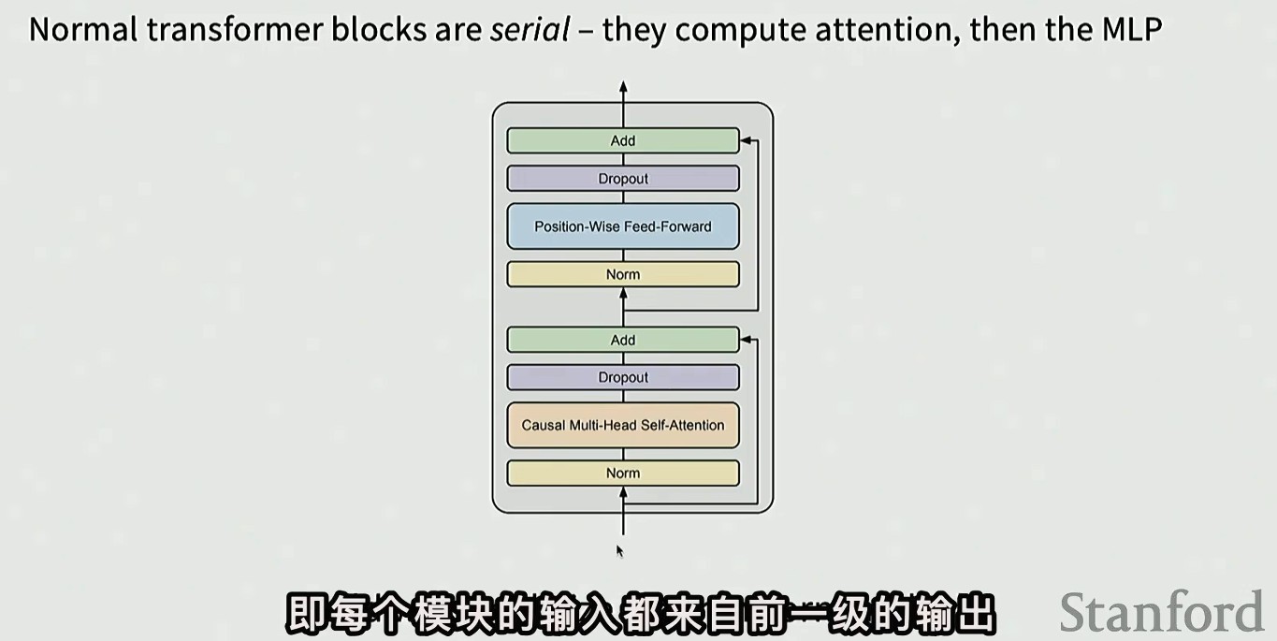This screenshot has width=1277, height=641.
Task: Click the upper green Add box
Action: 623,140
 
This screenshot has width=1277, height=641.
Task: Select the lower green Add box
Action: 623,340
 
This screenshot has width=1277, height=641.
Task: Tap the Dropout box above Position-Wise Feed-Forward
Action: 623,179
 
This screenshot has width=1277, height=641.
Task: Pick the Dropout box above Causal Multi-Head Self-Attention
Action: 623,377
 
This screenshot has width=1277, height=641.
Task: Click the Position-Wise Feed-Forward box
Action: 623,226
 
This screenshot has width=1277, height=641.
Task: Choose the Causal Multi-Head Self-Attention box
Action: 623,425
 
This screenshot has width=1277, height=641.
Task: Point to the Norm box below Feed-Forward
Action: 623,274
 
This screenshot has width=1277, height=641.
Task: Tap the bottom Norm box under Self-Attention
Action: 623,473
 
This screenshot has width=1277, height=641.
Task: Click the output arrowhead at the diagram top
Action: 623,87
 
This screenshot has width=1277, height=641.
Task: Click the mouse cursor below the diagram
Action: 619,550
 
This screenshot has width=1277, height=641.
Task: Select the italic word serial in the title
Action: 530,30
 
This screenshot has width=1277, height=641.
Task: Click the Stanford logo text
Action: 1161,613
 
